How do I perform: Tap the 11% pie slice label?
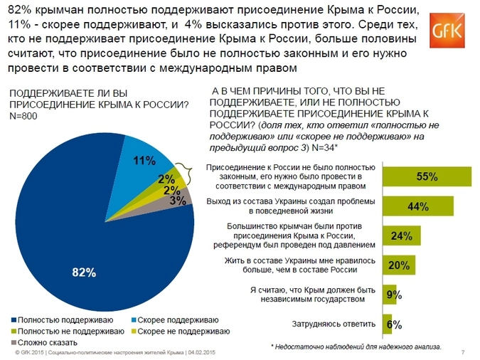pos(144,161)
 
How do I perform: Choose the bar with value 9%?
pos(390,295)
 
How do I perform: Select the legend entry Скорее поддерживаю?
pos(174,321)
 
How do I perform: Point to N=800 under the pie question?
pos(23,117)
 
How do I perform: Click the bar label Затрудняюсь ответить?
pos(334,324)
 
